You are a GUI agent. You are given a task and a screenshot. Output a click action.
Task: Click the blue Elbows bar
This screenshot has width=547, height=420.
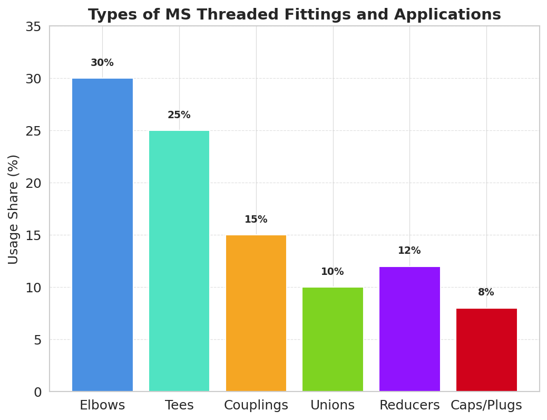102,235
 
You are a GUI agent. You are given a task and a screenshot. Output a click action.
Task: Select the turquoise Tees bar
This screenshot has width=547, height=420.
179,261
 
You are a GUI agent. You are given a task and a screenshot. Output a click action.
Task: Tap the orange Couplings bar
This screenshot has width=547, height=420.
256,313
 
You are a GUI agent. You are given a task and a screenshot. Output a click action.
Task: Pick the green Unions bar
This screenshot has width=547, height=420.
333,339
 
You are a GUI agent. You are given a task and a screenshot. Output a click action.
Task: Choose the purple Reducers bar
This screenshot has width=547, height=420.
409,329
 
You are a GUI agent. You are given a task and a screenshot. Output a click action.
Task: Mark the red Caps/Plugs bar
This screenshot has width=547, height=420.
486,349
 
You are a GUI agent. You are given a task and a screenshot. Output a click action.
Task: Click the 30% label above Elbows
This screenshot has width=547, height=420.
102,63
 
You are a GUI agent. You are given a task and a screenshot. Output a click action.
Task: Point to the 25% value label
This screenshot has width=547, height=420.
179,115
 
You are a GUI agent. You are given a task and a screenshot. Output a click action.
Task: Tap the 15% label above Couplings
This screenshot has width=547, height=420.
256,219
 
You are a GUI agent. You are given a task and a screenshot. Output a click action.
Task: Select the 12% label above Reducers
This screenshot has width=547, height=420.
409,251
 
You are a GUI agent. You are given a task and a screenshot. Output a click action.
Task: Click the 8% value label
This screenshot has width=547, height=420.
486,292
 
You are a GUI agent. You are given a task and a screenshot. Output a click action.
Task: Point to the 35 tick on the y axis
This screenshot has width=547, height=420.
33,26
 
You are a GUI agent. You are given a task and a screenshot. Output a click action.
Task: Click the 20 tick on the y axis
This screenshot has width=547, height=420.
33,183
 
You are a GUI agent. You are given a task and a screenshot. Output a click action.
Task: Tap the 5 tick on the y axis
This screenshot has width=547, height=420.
37,340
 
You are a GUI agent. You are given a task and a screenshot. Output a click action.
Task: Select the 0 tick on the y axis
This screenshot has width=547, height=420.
37,392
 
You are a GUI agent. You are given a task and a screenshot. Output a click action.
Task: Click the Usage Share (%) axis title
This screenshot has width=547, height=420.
14,209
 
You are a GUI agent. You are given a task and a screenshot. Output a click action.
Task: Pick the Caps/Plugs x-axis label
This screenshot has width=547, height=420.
486,405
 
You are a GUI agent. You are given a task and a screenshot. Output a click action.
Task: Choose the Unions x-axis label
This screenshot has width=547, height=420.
333,405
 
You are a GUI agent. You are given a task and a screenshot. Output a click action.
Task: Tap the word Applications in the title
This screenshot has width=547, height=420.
446,15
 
